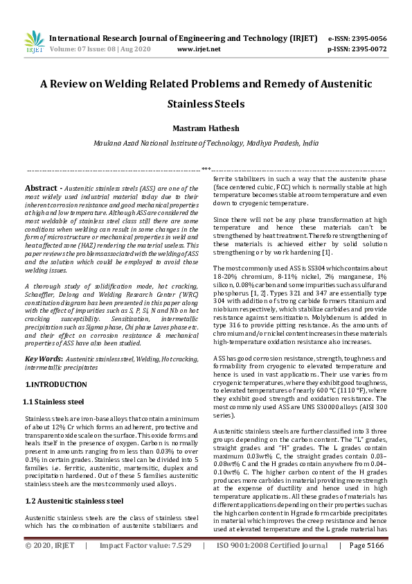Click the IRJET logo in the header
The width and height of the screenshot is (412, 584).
point(34,42)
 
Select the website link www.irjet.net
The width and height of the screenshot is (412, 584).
point(199,49)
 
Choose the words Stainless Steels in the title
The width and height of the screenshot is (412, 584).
point(206,105)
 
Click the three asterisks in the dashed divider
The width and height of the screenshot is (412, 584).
point(206,169)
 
